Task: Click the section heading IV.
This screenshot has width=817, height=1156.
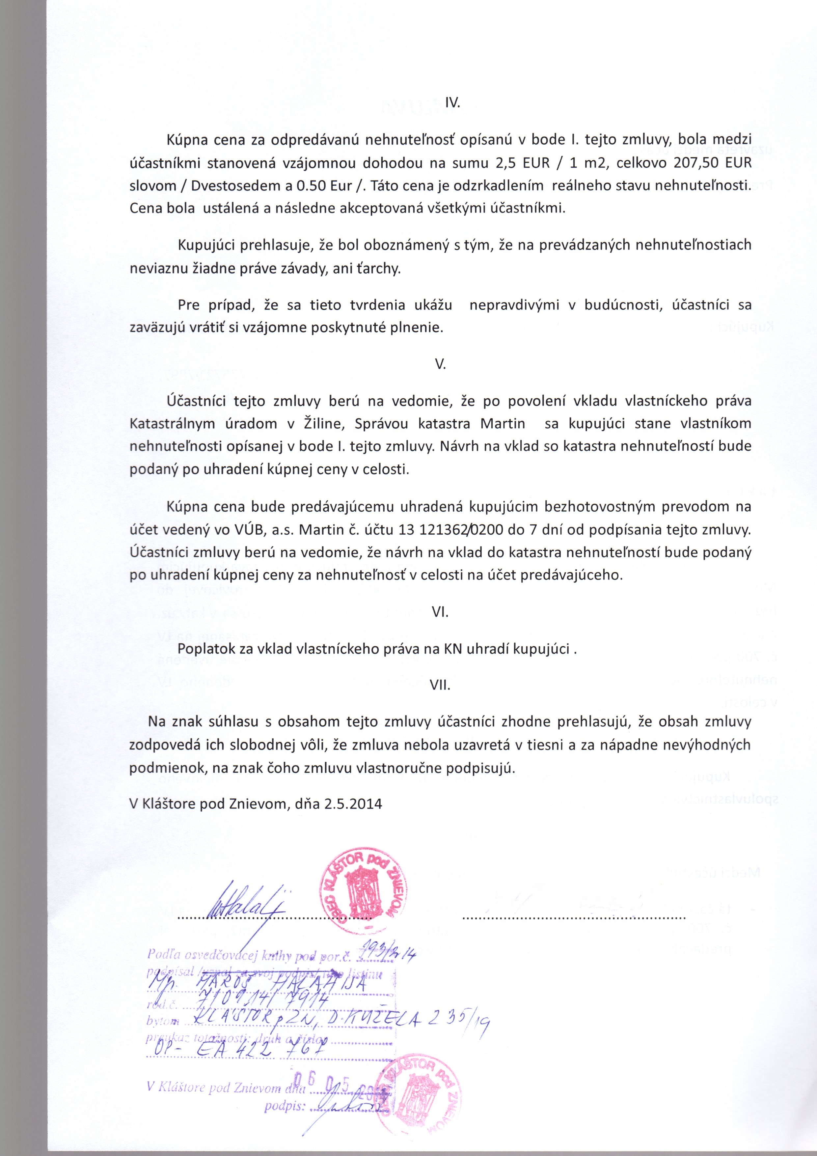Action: (x=453, y=103)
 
